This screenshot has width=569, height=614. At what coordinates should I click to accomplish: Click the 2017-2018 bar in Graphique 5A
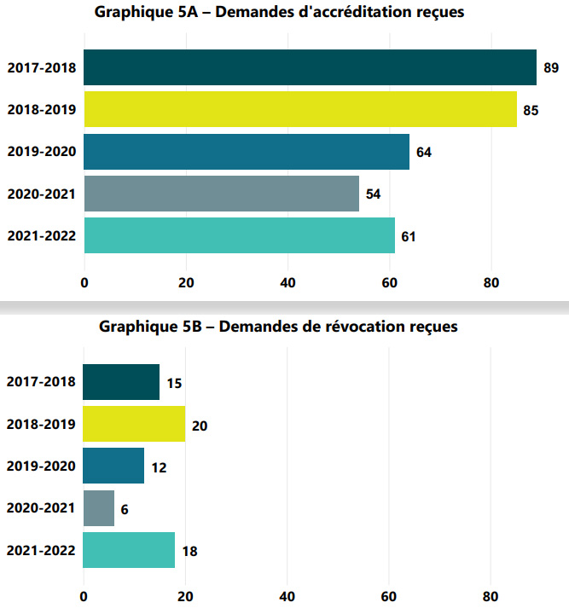pos(310,67)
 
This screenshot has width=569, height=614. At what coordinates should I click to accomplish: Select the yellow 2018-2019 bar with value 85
pos(300,109)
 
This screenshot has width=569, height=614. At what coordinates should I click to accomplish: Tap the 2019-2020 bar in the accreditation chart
pos(247,152)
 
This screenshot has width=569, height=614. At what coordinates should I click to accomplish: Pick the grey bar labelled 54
pos(221,194)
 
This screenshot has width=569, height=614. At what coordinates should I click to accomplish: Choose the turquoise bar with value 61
pos(239,235)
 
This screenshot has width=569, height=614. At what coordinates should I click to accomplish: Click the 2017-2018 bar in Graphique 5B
pos(121,382)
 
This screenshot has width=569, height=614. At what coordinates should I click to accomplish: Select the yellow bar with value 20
pos(134,424)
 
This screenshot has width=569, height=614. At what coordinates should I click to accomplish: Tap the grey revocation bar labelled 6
pos(99,508)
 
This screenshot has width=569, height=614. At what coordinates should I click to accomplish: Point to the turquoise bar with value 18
pos(129,550)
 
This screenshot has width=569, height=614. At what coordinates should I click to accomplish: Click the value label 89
pos(551,68)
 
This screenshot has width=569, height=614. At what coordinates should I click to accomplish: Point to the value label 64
pos(424,153)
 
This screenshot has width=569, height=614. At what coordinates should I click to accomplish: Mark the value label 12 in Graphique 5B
pos(159,467)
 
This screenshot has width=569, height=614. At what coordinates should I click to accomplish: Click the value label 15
pos(174,384)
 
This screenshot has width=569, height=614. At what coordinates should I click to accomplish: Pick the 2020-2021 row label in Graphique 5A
pos(41,194)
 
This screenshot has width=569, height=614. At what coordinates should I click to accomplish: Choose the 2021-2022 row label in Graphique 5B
pos(41,551)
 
